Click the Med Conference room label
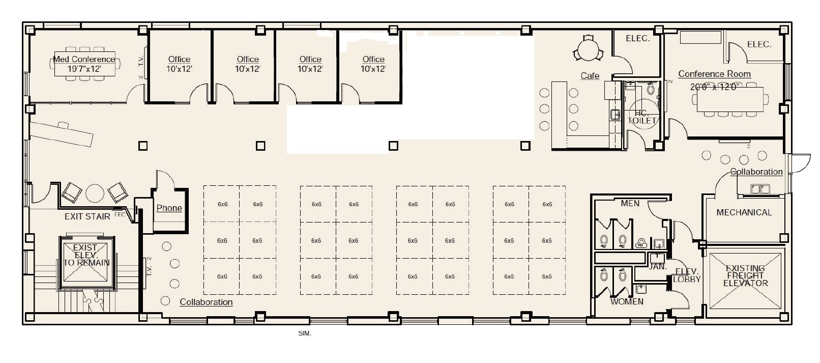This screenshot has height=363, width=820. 84,59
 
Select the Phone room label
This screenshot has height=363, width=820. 169,208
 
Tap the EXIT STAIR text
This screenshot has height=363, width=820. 87,216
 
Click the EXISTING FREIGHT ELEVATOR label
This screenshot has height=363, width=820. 745,275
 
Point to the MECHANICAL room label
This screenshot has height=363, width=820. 744,212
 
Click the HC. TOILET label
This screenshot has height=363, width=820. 642,117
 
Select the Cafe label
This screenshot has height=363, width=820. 590,76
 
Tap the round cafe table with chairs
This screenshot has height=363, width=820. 588,50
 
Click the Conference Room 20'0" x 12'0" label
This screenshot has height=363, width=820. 714,80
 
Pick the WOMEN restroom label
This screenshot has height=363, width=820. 627,301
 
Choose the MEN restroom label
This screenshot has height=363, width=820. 630,204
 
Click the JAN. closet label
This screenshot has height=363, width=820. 658,266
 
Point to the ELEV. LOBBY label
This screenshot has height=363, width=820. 686,275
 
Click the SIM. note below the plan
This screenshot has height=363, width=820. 304,334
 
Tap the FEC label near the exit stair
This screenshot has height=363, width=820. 120,214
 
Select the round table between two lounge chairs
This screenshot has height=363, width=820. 95,193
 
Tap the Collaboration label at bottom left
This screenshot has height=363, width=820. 206,302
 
